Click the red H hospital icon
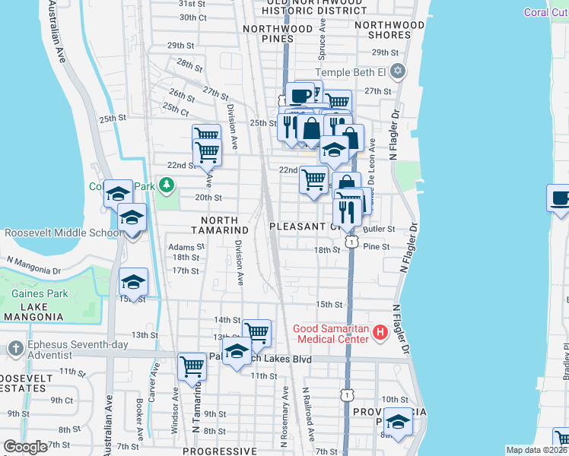point(378,333)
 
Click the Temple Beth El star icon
point(397,73)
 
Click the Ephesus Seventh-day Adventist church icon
point(14,349)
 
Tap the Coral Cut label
point(545,12)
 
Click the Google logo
point(25,447)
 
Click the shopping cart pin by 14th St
point(257,332)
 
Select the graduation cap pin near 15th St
point(133,282)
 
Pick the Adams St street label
point(186,247)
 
